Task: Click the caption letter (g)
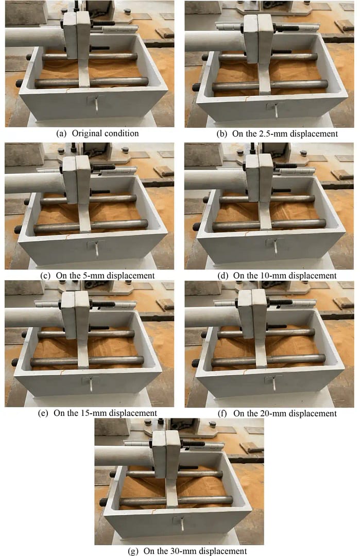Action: (x=133, y=551)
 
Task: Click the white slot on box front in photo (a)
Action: (x=96, y=105)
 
